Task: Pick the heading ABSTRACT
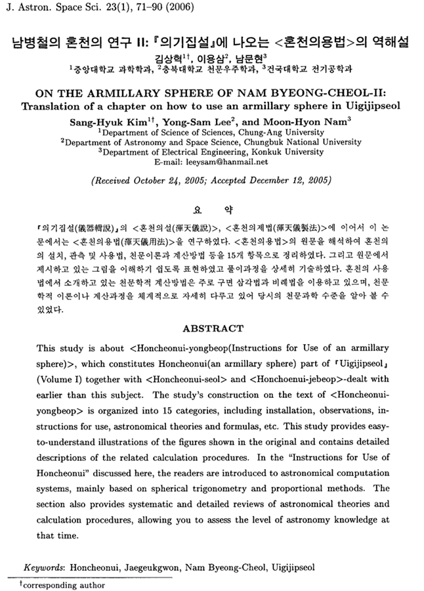[x=212, y=328]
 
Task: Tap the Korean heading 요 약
[x=211, y=209]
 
